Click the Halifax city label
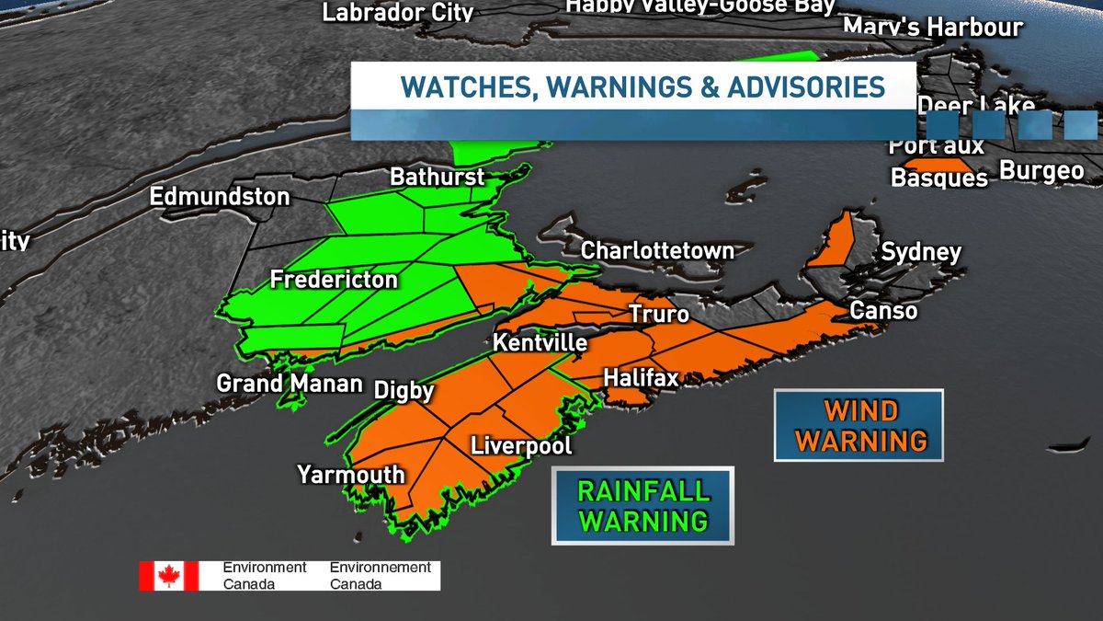[641, 378]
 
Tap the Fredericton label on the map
[334, 280]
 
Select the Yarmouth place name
[350, 475]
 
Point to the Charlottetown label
[657, 250]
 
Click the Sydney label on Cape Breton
[921, 252]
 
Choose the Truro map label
[658, 315]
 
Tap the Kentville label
[540, 343]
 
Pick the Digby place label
[404, 391]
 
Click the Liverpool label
[521, 446]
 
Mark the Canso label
[882, 311]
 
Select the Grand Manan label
[290, 383]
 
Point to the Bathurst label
[437, 177]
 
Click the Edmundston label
[220, 197]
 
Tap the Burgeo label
[1041, 170]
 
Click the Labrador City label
[398, 12]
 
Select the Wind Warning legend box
[859, 425]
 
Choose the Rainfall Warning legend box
[642, 505]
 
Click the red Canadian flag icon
[168, 576]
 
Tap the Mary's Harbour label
[932, 27]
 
